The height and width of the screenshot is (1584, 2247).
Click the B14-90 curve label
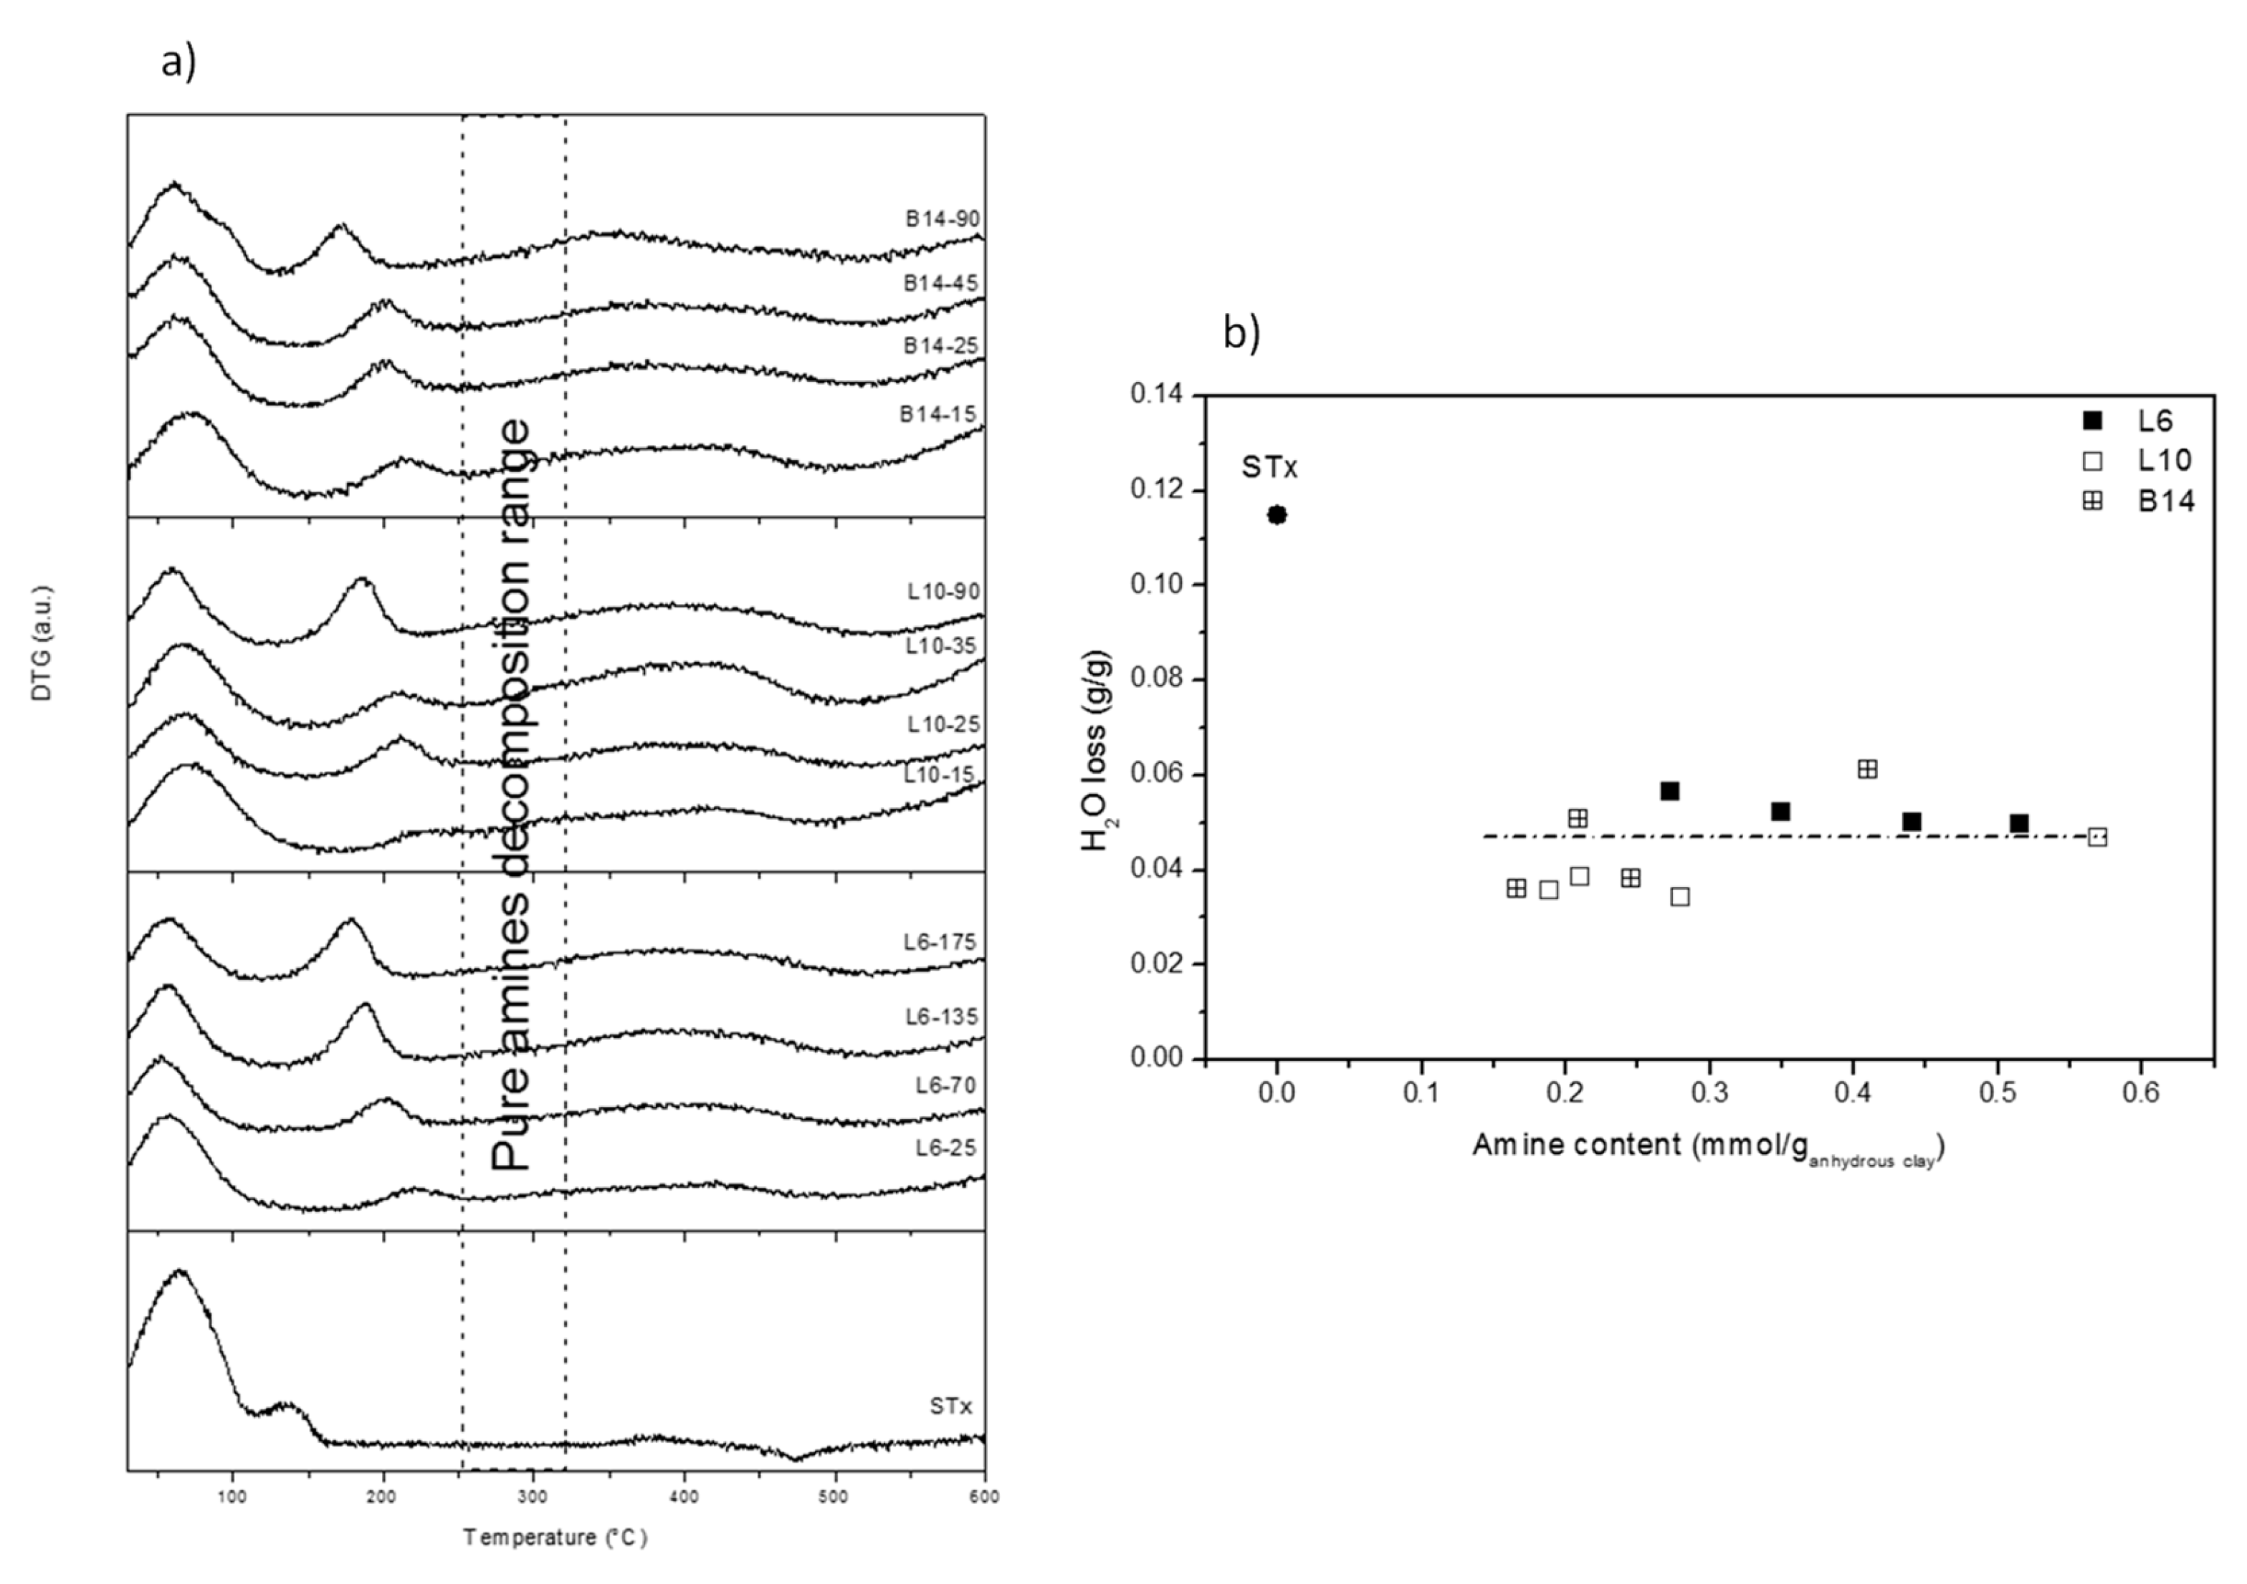[942, 219]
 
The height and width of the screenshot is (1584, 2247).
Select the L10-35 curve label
[942, 645]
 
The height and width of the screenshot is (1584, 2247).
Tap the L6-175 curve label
[940, 942]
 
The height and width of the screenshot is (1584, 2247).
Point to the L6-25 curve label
[945, 1148]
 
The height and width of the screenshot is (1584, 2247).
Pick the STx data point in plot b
[1277, 514]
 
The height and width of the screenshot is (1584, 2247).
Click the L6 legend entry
[2134, 421]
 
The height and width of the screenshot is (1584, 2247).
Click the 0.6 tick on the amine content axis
[2140, 1093]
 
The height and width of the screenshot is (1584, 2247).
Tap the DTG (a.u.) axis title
[42, 643]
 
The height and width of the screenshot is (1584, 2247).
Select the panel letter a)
[179, 62]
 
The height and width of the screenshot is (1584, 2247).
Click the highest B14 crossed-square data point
[1866, 769]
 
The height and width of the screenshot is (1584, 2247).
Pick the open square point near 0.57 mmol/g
[2096, 837]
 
